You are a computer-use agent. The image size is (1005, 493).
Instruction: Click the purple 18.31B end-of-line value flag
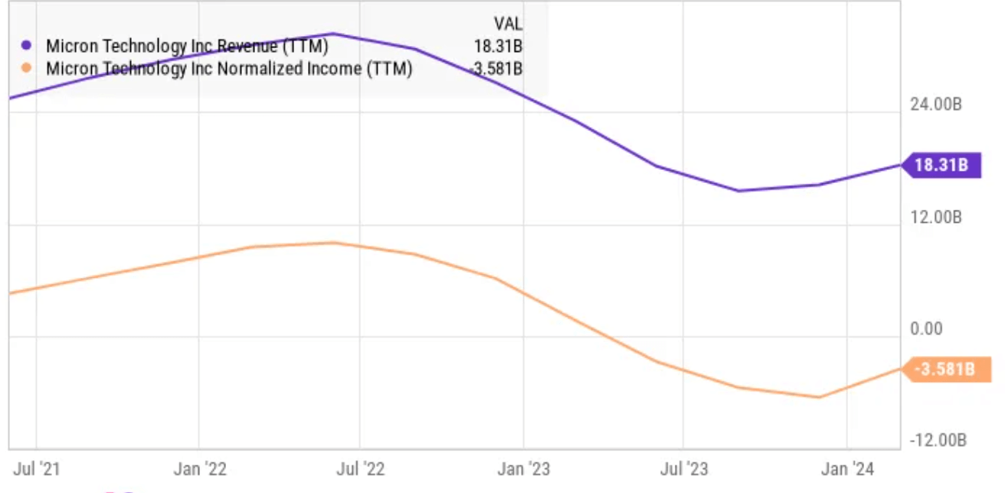(941, 165)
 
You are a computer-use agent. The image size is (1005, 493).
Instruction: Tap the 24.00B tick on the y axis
(935, 105)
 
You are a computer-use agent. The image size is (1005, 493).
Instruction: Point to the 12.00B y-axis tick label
(935, 217)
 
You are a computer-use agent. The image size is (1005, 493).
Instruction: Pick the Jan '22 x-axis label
(199, 469)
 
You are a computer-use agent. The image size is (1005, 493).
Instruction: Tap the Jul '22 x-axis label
(360, 469)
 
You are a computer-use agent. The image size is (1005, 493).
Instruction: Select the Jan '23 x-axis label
(524, 469)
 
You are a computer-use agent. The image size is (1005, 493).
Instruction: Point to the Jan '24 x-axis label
(847, 469)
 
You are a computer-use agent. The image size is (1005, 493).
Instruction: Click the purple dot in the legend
(27, 46)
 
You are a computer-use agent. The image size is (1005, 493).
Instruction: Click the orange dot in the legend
(27, 68)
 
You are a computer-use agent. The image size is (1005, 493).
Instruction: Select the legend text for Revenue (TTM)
(187, 46)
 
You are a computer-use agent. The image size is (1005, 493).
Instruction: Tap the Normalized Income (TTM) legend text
(229, 68)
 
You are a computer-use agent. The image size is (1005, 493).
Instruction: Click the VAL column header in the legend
(509, 24)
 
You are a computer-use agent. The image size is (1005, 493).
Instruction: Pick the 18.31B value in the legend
(498, 46)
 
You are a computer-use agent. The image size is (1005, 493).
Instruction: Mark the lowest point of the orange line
(819, 397)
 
